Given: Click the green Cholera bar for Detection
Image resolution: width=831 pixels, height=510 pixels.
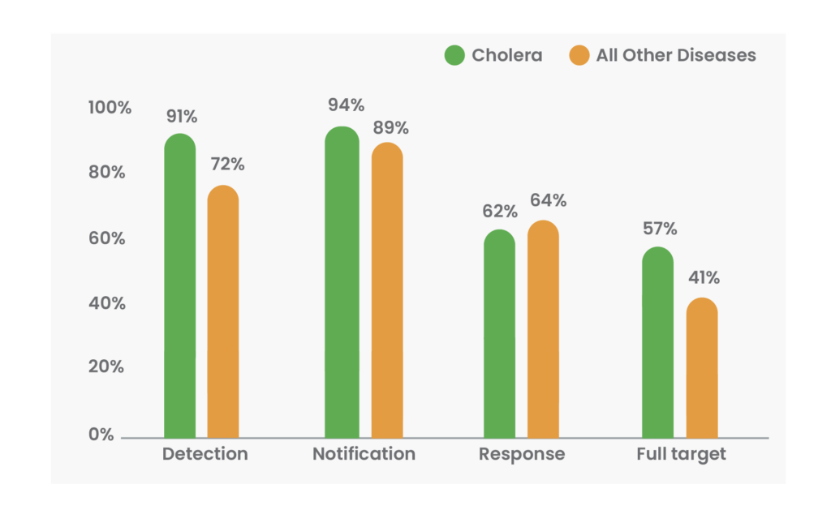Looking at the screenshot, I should point(179,288).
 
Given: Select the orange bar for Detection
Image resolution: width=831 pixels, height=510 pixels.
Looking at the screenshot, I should point(223,312).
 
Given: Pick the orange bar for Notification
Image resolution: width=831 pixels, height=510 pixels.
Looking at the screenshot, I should point(387,292).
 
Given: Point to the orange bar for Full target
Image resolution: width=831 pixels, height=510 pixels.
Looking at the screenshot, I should point(702,368).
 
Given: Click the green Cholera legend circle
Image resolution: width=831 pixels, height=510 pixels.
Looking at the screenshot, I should point(454,56).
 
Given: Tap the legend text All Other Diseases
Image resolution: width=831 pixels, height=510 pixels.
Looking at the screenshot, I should point(676,56).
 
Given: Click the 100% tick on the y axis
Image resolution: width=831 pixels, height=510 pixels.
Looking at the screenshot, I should point(110,108).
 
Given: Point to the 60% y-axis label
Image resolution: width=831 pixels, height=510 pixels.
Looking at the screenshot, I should point(106,238).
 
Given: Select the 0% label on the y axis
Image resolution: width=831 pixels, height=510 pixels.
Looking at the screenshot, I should point(101,435).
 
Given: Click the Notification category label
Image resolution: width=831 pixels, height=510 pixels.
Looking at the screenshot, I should point(364,454).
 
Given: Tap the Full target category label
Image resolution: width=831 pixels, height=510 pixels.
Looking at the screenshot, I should point(681,454).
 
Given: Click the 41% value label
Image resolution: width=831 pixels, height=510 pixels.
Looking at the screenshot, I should point(702,278).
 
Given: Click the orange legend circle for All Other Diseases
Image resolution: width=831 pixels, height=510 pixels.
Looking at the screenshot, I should point(579,56).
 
